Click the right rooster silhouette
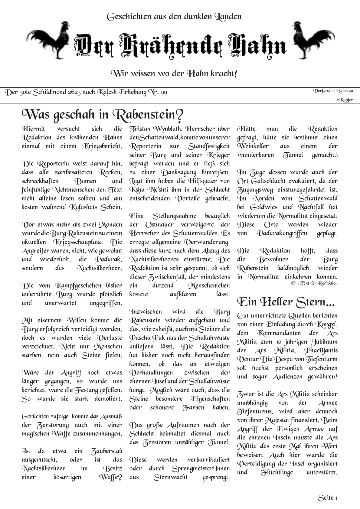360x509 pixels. (311, 40)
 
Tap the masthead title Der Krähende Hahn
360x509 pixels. (180, 45)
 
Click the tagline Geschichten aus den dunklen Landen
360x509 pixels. (174, 16)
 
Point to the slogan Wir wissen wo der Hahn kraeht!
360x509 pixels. (174, 73)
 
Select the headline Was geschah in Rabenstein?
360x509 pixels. (103, 115)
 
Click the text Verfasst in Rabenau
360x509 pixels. (333, 91)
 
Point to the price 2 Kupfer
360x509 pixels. (345, 100)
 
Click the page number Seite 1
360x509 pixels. (328, 498)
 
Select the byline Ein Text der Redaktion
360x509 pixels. (314, 283)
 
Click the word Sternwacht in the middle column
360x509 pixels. (170, 478)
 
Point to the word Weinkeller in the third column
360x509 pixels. (253, 146)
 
